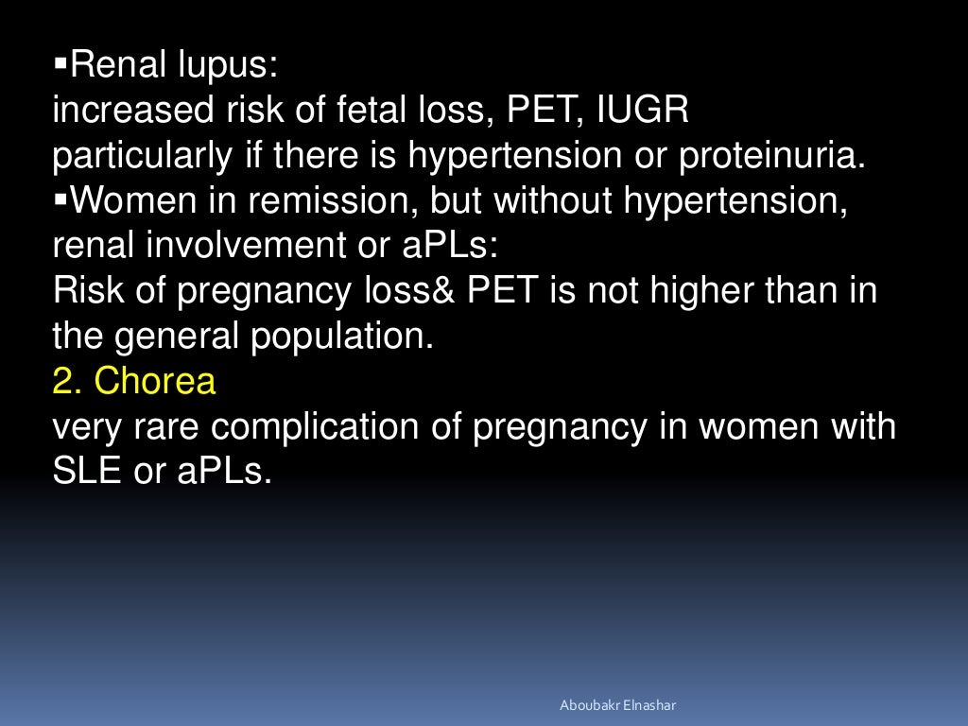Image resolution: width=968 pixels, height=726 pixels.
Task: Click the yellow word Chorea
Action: [x=156, y=381]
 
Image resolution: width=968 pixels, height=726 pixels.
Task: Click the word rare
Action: [x=168, y=426]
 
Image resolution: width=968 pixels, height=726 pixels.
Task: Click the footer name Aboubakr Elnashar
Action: [x=618, y=705]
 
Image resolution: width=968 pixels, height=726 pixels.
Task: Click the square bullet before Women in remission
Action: [x=62, y=200]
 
